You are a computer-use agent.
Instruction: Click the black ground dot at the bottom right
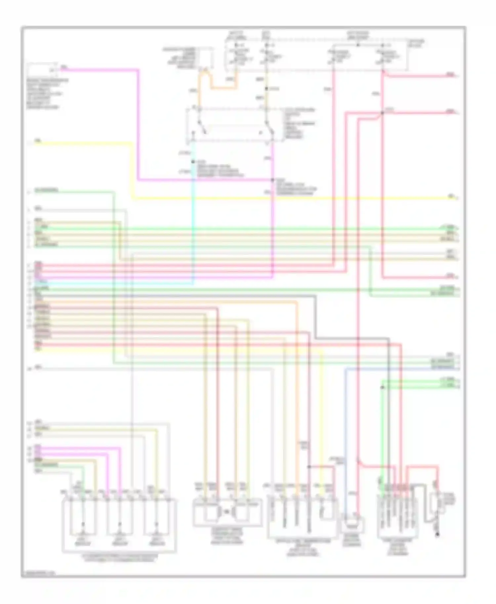(x=437, y=534)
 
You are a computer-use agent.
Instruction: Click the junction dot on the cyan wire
(x=193, y=162)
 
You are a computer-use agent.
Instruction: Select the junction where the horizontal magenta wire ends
(x=272, y=180)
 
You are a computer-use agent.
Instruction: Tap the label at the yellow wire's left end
(x=38, y=141)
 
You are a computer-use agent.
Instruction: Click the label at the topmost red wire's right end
(x=450, y=75)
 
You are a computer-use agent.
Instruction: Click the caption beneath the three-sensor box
(x=120, y=558)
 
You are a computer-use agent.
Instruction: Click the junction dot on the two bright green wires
(x=382, y=387)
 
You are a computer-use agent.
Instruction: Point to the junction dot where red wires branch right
(x=382, y=113)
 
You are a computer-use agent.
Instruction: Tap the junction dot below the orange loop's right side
(x=267, y=89)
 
